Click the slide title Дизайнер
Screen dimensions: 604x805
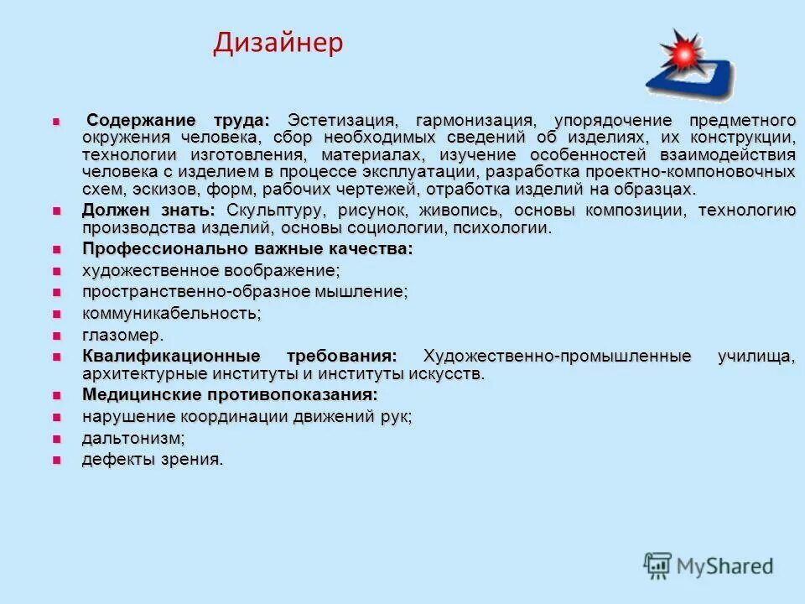pyautogui.click(x=278, y=43)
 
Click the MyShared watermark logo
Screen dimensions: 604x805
pyautogui.click(x=709, y=565)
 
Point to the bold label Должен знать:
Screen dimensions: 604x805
pyautogui.click(x=148, y=211)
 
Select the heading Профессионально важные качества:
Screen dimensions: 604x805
pyautogui.click(x=247, y=249)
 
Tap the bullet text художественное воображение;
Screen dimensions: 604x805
pyautogui.click(x=211, y=271)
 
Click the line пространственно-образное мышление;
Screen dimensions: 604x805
pyautogui.click(x=245, y=292)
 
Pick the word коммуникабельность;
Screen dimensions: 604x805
pyautogui.click(x=172, y=314)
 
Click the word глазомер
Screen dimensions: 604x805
pyautogui.click(x=122, y=336)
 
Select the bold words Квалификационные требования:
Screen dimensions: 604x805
pyautogui.click(x=239, y=357)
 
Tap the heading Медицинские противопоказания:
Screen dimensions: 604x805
pyautogui.click(x=230, y=394)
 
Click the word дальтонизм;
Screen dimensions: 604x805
pyautogui.click(x=133, y=438)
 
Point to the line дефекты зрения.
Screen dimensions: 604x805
pyautogui.click(x=153, y=459)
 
